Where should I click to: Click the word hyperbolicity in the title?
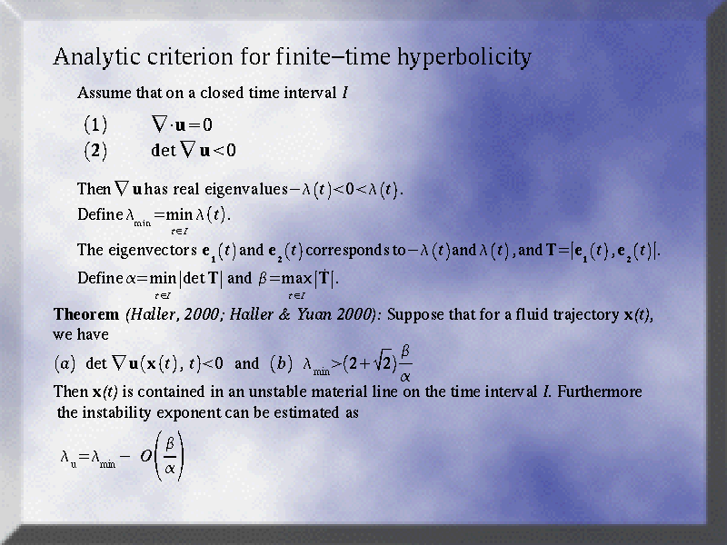[464, 58]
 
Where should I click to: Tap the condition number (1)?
[95, 124]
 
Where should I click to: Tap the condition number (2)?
[95, 151]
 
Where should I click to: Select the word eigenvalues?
[246, 190]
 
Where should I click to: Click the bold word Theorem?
[86, 314]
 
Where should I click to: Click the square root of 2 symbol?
[383, 362]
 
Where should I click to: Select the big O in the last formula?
[146, 457]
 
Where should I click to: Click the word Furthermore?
[600, 391]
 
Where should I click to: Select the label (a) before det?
[65, 363]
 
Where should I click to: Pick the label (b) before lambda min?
[282, 363]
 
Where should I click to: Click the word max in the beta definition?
[297, 279]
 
